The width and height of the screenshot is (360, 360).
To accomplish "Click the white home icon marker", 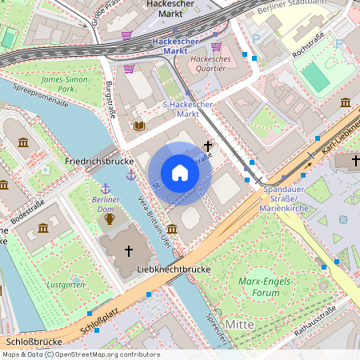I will pyautogui.click(x=180, y=172).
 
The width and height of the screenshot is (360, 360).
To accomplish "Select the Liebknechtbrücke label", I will pyautogui.click(x=174, y=270).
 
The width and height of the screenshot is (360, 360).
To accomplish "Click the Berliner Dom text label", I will pyautogui.click(x=106, y=204).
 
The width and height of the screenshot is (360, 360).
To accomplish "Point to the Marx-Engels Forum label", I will pyautogui.click(x=263, y=286).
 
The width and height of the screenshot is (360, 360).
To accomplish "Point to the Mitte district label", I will pyautogui.click(x=239, y=324).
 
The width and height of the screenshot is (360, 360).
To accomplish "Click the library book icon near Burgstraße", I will pyautogui.click(x=139, y=126).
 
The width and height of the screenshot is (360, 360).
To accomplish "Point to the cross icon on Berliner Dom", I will pyautogui.click(x=128, y=250).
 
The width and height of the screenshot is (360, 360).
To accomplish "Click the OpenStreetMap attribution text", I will pyautogui.click(x=80, y=354).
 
